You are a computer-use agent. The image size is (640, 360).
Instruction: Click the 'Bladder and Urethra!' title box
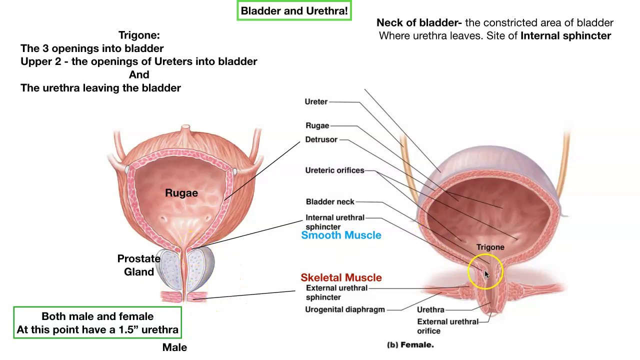294,10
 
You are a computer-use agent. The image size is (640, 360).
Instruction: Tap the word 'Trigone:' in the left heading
139,35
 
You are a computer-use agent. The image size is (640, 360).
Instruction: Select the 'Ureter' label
316,102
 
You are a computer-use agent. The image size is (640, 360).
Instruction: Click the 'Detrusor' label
321,139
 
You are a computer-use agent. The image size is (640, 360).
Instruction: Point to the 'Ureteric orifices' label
334,170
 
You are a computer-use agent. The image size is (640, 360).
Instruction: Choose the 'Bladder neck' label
330,202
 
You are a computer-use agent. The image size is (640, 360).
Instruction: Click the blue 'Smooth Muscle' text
341,235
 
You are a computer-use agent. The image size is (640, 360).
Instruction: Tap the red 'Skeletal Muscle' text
341,277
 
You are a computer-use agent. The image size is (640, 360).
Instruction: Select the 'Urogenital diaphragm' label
345,309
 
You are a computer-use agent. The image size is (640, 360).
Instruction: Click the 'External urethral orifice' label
447,326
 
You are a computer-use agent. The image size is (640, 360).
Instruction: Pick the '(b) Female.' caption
410,344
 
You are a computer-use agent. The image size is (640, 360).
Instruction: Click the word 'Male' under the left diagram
174,347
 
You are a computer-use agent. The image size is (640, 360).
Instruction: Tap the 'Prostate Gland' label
139,265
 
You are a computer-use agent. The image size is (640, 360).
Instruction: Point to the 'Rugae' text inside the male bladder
181,193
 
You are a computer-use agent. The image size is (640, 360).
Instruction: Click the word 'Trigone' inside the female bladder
490,247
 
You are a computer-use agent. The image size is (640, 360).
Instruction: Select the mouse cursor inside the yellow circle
486,274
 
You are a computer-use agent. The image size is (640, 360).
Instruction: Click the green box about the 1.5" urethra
97,323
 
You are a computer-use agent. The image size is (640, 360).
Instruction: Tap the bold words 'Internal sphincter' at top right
565,36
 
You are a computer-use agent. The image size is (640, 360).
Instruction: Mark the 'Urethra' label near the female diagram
430,310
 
